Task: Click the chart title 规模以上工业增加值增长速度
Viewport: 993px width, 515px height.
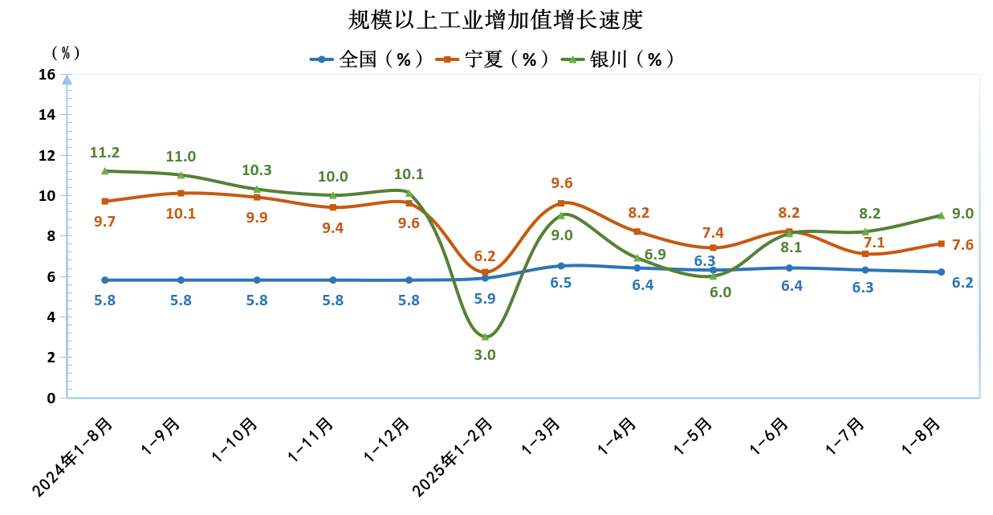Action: tap(496, 19)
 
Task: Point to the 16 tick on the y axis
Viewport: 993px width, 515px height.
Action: tap(47, 75)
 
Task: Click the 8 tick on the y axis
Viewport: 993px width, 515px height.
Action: tap(51, 236)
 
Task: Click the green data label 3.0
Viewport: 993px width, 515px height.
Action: tap(485, 354)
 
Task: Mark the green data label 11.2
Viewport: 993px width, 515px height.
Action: tap(104, 153)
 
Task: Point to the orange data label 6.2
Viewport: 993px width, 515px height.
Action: tap(485, 256)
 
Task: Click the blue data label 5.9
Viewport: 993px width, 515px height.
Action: tap(485, 298)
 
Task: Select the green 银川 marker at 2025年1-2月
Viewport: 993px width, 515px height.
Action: tap(485, 337)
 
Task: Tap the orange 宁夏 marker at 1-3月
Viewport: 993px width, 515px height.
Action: tap(561, 203)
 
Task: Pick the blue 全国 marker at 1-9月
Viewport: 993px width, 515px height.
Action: tap(181, 280)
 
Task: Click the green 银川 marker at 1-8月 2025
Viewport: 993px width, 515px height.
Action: tap(941, 215)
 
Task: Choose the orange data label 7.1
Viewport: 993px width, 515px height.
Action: tap(864, 242)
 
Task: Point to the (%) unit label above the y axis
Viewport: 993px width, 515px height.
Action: tap(66, 53)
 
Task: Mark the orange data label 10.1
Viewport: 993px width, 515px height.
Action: tap(181, 214)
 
